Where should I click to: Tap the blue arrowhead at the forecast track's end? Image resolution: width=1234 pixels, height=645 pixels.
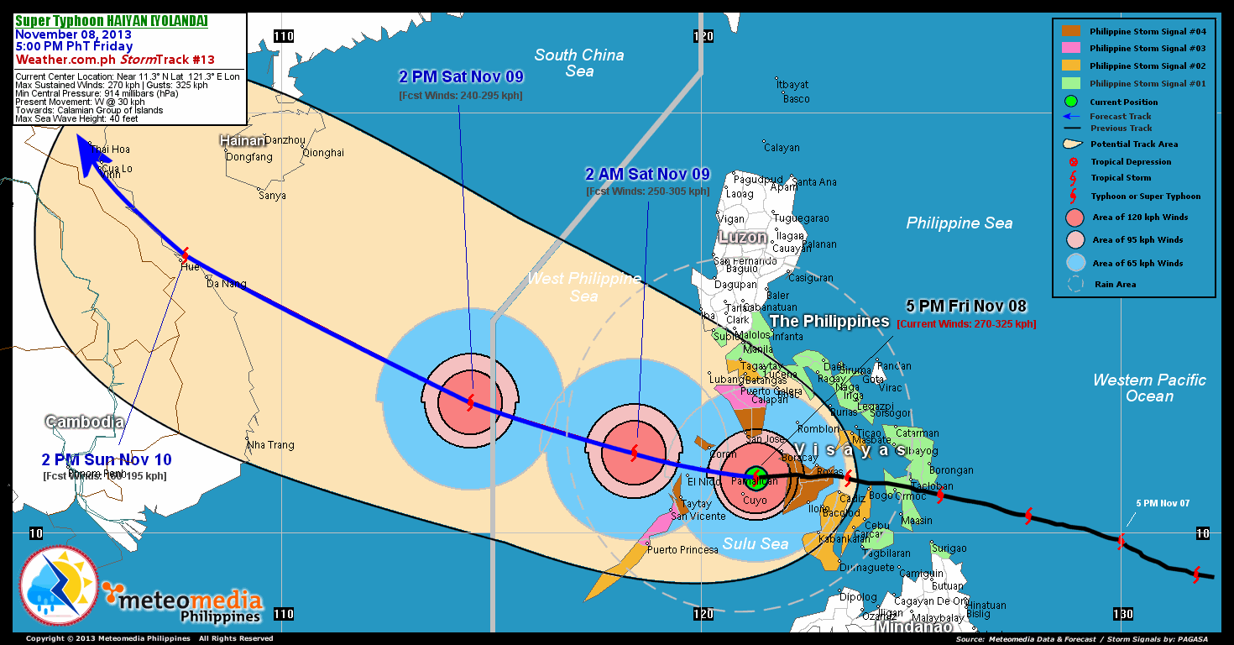[85, 156]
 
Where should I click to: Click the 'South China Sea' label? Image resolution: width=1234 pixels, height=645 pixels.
[579, 63]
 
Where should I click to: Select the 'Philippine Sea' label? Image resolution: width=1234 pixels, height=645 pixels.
[959, 223]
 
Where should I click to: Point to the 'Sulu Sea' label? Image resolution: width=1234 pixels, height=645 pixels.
[756, 544]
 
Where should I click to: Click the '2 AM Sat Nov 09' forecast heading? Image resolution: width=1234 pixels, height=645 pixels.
[647, 175]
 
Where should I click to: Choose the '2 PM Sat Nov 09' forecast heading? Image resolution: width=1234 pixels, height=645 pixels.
[461, 77]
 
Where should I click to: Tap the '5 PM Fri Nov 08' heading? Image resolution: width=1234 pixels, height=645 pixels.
[966, 307]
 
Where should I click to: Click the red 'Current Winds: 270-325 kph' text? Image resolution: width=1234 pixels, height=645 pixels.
[966, 324]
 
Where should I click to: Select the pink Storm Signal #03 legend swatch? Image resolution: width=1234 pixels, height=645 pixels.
[1072, 48]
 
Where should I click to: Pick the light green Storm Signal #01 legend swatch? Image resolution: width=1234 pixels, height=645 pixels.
[1072, 83]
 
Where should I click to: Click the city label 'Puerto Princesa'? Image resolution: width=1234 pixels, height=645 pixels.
[683, 550]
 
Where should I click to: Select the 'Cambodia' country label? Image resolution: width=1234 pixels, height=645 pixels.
[85, 422]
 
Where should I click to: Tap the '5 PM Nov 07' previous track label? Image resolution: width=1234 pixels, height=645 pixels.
[1163, 503]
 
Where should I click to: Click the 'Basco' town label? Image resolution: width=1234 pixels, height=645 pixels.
[796, 99]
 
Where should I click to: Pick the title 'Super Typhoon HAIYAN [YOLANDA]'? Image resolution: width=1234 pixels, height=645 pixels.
[112, 21]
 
